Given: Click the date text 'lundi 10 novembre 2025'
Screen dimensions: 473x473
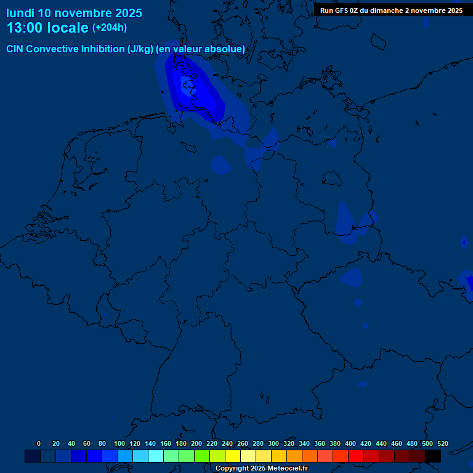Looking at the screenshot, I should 74,13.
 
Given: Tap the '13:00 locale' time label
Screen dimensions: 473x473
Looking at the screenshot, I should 47,28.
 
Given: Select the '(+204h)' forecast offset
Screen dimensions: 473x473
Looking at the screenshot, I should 110,28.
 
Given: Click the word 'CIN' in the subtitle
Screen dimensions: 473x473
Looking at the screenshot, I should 15,49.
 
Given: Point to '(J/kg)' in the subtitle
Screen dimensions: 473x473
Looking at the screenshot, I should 140,49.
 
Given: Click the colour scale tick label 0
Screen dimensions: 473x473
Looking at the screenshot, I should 39,444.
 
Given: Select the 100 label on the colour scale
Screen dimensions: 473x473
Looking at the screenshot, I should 119,444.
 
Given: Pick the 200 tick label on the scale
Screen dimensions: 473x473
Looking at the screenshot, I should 196,444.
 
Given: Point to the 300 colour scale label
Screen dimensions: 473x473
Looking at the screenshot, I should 273,444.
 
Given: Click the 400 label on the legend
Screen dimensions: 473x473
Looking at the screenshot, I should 350,444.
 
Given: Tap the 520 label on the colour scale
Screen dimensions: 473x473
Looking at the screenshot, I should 443,444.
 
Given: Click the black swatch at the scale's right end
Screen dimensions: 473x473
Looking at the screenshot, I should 433,456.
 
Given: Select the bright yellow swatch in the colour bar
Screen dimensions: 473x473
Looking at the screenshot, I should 233,456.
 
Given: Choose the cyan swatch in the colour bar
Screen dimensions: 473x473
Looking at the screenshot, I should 156,456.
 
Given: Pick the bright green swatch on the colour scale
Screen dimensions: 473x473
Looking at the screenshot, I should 202,456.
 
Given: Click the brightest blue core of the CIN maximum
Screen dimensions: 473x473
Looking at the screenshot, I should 187,86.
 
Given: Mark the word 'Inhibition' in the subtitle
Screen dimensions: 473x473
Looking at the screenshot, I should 103,49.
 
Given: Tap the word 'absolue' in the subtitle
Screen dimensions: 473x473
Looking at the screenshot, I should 225,49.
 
